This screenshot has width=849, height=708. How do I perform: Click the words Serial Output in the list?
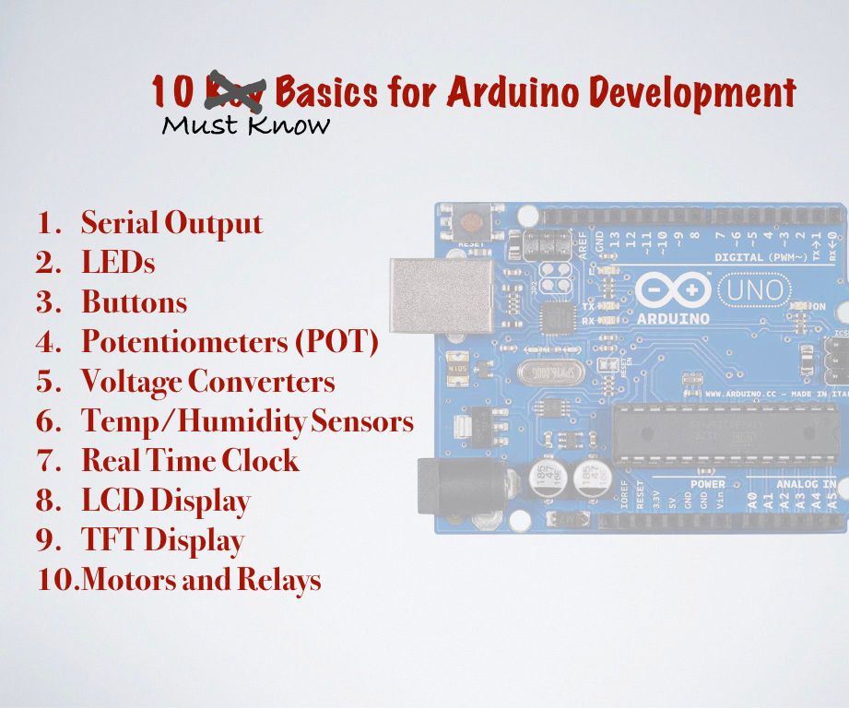[x=171, y=223]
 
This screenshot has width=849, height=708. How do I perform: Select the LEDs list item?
[x=118, y=263]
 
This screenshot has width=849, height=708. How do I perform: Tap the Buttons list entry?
[x=134, y=302]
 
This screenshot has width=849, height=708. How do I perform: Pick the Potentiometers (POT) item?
[x=230, y=342]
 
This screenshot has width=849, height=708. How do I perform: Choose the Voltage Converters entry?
[x=207, y=382]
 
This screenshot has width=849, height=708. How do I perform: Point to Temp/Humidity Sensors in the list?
[x=247, y=421]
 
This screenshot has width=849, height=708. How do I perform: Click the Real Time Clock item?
[x=190, y=461]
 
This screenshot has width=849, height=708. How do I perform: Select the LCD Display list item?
[x=166, y=501]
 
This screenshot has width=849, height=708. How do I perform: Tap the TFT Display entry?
[x=162, y=540]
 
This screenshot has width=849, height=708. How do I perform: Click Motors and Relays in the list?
[x=201, y=581]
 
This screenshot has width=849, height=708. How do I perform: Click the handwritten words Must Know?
[x=245, y=125]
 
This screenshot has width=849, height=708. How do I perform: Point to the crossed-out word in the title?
[x=235, y=91]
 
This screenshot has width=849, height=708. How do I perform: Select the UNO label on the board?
[x=754, y=291]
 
